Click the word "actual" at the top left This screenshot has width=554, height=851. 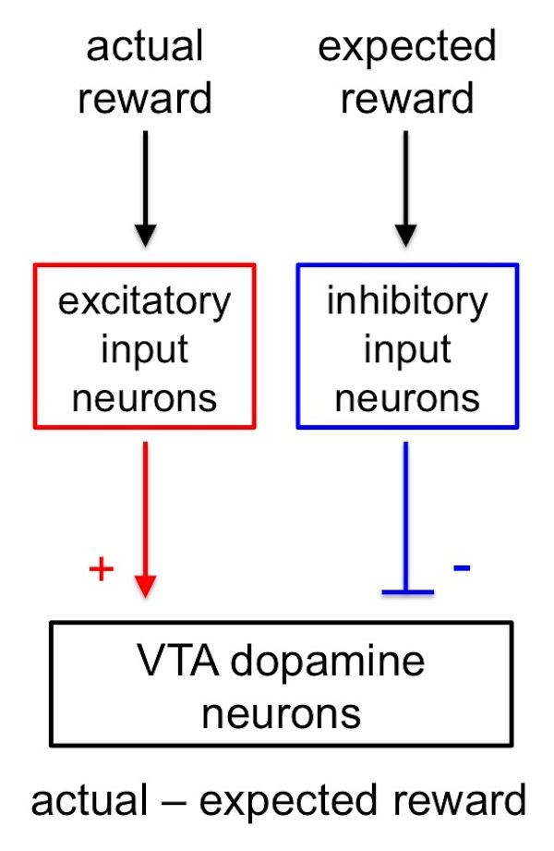(x=145, y=46)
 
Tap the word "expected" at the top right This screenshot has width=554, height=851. (x=407, y=46)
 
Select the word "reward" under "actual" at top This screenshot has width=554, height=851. (x=145, y=97)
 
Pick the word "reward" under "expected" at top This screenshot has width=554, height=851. (x=407, y=97)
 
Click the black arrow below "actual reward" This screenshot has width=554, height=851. (x=145, y=190)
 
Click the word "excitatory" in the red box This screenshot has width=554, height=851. (x=145, y=301)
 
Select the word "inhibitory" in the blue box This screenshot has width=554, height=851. (x=407, y=301)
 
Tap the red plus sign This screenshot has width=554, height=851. (x=101, y=569)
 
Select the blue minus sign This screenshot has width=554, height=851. (x=462, y=566)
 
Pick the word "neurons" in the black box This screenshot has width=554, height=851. (x=282, y=712)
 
